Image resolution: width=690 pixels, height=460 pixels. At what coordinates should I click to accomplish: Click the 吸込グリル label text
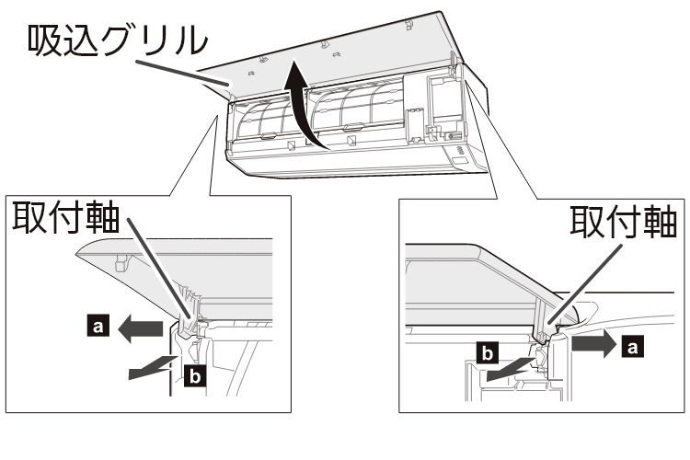pos(117,40)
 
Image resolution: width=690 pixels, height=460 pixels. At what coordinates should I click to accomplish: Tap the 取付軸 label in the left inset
pos(66,216)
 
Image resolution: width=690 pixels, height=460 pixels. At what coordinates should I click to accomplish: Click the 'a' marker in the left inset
pos(98,327)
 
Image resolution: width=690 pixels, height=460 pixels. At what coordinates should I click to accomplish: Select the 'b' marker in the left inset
pos(195,376)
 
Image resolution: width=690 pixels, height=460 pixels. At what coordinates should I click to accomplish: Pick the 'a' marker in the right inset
pos(632,346)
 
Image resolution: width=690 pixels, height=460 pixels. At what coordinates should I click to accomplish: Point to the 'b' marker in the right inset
pos(488,353)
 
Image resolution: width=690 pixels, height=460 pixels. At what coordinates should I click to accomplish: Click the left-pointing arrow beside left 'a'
pos(141,328)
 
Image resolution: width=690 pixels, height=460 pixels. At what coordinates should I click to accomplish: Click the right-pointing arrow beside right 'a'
pos(594,343)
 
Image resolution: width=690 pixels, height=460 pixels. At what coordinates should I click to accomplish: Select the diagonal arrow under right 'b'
pos(512,369)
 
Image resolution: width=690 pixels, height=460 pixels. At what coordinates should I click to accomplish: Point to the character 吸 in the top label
pos(44,40)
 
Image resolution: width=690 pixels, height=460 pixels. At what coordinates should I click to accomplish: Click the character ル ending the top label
pos(190,40)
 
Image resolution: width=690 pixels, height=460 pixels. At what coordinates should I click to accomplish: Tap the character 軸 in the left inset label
pos(102,216)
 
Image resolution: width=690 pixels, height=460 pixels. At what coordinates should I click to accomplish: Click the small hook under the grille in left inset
pos(121,263)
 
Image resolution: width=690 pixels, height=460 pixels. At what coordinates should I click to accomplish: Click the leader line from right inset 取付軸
pos(585,285)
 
